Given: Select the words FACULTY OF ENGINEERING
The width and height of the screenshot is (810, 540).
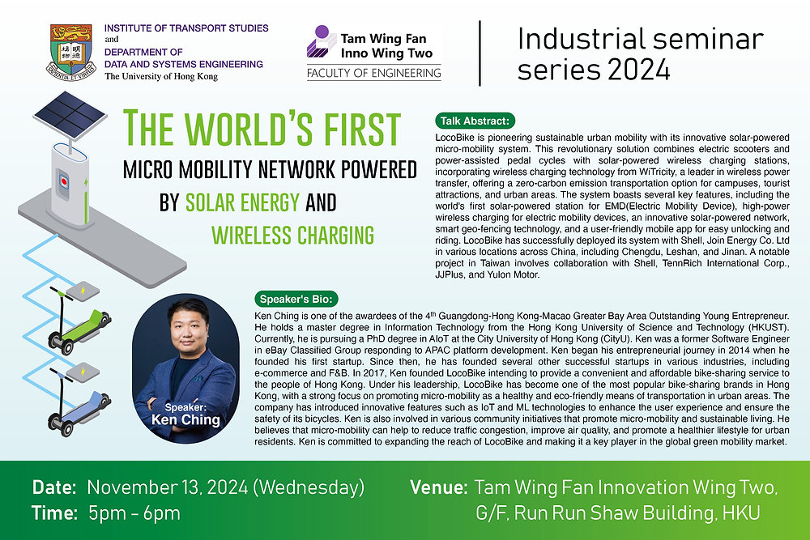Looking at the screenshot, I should [x=373, y=74].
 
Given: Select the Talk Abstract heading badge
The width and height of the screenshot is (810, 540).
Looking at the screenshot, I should [x=475, y=121].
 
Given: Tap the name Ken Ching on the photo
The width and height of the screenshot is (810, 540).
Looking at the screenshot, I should [x=185, y=420].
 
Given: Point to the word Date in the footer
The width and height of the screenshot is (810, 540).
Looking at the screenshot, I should [x=54, y=488].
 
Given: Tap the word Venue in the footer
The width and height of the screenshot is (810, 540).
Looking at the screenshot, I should [x=438, y=488].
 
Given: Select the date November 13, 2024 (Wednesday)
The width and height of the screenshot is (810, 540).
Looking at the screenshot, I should [x=224, y=488].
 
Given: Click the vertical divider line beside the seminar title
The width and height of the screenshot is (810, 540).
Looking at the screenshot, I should [x=481, y=53].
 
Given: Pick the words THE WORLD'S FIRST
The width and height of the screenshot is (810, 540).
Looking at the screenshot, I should [x=262, y=130].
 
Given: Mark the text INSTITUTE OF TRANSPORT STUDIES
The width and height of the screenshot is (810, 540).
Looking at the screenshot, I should [x=186, y=28].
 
